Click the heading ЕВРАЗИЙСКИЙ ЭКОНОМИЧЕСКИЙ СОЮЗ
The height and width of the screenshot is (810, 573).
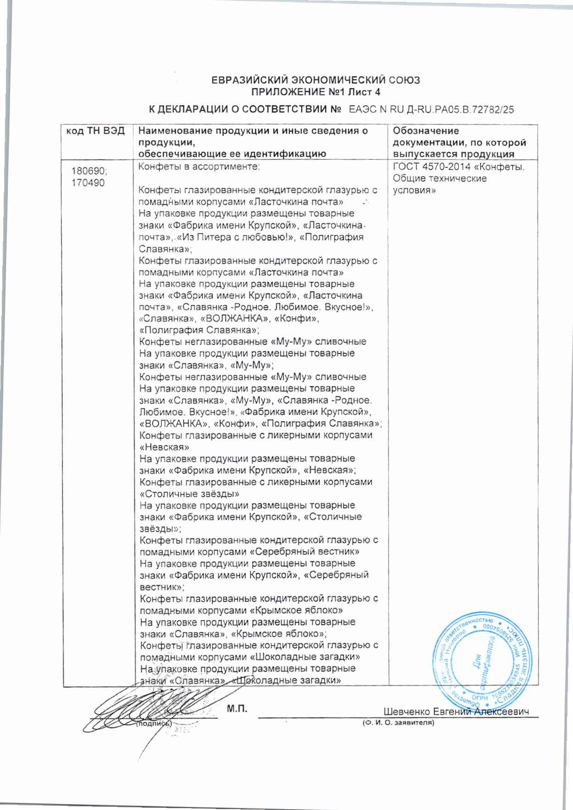pyautogui.click(x=315, y=80)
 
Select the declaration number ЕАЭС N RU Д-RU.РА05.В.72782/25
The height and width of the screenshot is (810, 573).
pyautogui.click(x=431, y=110)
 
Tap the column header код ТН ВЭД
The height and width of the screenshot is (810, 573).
pyautogui.click(x=95, y=131)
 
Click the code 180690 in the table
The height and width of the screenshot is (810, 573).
pyautogui.click(x=89, y=171)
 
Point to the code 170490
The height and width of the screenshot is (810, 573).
pyautogui.click(x=88, y=183)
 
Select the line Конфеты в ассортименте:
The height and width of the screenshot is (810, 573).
pyautogui.click(x=199, y=167)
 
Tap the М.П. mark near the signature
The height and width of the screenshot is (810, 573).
pyautogui.click(x=237, y=709)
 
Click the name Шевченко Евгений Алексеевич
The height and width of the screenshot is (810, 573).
pyautogui.click(x=456, y=712)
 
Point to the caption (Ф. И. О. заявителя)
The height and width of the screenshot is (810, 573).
pyautogui.click(x=398, y=723)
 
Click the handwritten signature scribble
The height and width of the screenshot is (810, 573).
pyautogui.click(x=147, y=707)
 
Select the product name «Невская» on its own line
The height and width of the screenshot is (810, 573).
pyautogui.click(x=164, y=447)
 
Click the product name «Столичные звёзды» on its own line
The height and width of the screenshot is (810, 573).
pyautogui.click(x=189, y=494)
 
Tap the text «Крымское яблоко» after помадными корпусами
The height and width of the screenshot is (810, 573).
pyautogui.click(x=296, y=610)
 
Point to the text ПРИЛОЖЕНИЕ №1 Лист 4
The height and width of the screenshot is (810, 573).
pyautogui.click(x=315, y=92)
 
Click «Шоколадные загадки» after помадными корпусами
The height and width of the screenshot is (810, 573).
pyautogui.click(x=305, y=657)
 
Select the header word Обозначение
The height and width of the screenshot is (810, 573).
pyautogui.click(x=426, y=131)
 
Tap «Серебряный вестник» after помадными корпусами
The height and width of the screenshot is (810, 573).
pyautogui.click(x=304, y=552)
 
